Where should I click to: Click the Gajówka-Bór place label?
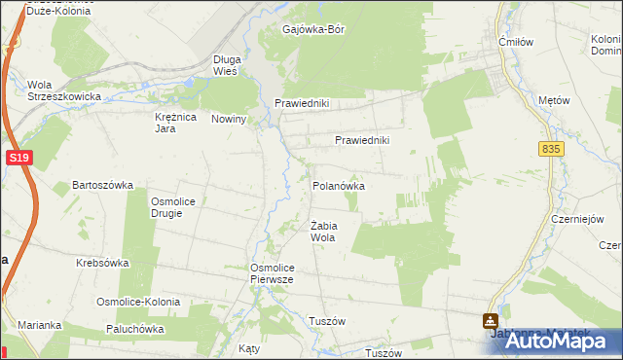[x=313, y=29]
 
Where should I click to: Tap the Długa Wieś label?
[x=226, y=65]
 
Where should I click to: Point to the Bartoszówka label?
[x=102, y=184]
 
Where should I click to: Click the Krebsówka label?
[x=103, y=264]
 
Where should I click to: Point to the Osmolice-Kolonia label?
[x=137, y=302]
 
